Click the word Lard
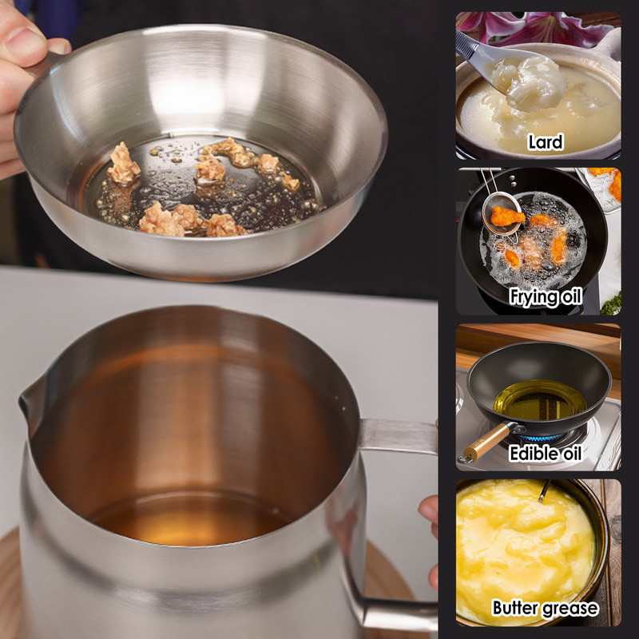click(x=546, y=143)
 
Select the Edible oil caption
click(x=546, y=454)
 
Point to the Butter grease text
click(x=545, y=609)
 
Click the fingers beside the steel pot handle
click(x=431, y=512)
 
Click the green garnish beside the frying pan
click(x=611, y=304)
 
